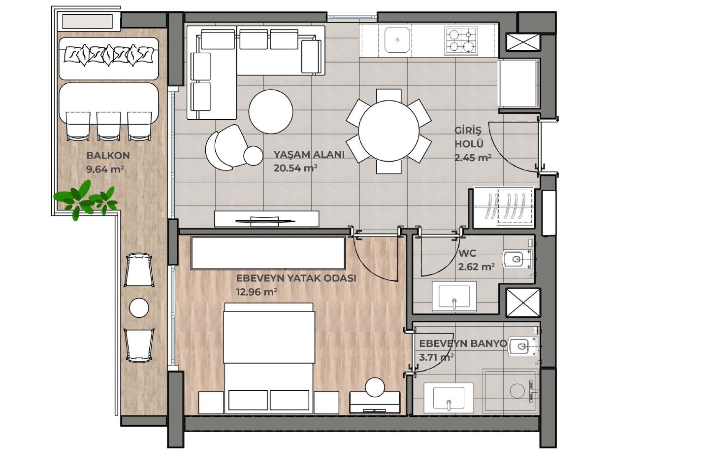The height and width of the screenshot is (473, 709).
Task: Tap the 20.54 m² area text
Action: [x=295, y=168]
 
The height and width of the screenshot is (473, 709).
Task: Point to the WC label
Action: [x=467, y=253]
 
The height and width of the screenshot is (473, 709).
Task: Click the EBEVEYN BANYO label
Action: [x=463, y=344]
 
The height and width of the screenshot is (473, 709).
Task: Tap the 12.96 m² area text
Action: [x=257, y=292]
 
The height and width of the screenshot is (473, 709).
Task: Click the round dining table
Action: [x=388, y=131]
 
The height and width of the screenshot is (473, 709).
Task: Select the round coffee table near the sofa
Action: [x=271, y=111]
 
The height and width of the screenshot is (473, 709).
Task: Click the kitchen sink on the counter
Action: [x=397, y=40]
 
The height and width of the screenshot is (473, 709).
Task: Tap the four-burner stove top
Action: [x=461, y=41]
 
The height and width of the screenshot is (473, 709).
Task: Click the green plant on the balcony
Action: [x=85, y=200]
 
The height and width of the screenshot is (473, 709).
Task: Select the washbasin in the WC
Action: [x=454, y=297]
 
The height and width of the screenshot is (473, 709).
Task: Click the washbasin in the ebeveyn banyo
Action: [x=449, y=398]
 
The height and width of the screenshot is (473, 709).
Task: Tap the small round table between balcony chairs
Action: [x=139, y=307]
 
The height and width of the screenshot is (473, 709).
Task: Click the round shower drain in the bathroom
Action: [x=517, y=391]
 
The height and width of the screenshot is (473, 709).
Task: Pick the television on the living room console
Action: [x=265, y=220]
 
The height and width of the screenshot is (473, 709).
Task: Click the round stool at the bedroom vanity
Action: [x=375, y=387]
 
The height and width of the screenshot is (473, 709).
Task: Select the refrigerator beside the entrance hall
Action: [x=518, y=83]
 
